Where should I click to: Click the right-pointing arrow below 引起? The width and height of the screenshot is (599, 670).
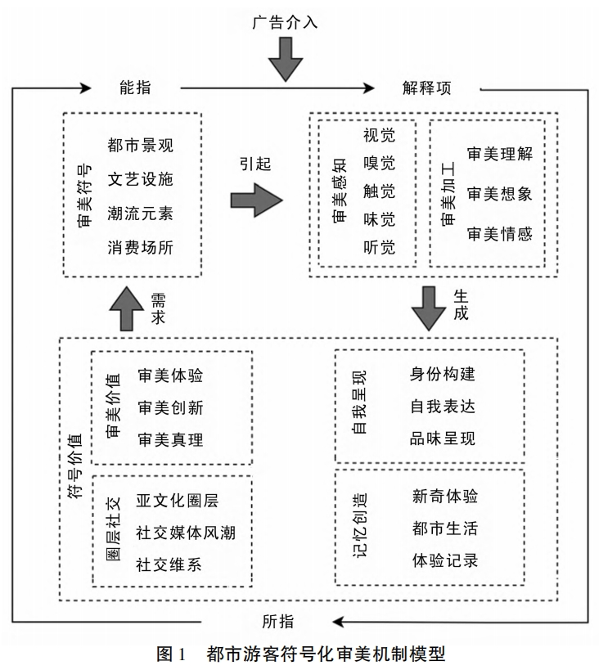coord(256,200)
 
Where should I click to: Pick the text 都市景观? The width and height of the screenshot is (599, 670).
coord(140,146)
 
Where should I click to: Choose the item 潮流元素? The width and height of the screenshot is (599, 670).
coord(140,213)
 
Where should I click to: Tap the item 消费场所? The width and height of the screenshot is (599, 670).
coord(140,246)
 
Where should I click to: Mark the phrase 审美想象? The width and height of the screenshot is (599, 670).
coord(499,193)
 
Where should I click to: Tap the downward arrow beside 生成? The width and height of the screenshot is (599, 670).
coord(429,308)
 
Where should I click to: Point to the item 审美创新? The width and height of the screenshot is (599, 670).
coord(170,407)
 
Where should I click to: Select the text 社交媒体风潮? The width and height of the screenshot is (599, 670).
coord(186,533)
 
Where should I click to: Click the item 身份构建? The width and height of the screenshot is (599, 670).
coord(443,375)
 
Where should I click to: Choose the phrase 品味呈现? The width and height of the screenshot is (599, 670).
coord(443,438)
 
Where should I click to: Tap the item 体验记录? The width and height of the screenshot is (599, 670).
coord(445,561)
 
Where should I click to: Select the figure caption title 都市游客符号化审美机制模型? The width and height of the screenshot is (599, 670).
coord(326,654)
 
